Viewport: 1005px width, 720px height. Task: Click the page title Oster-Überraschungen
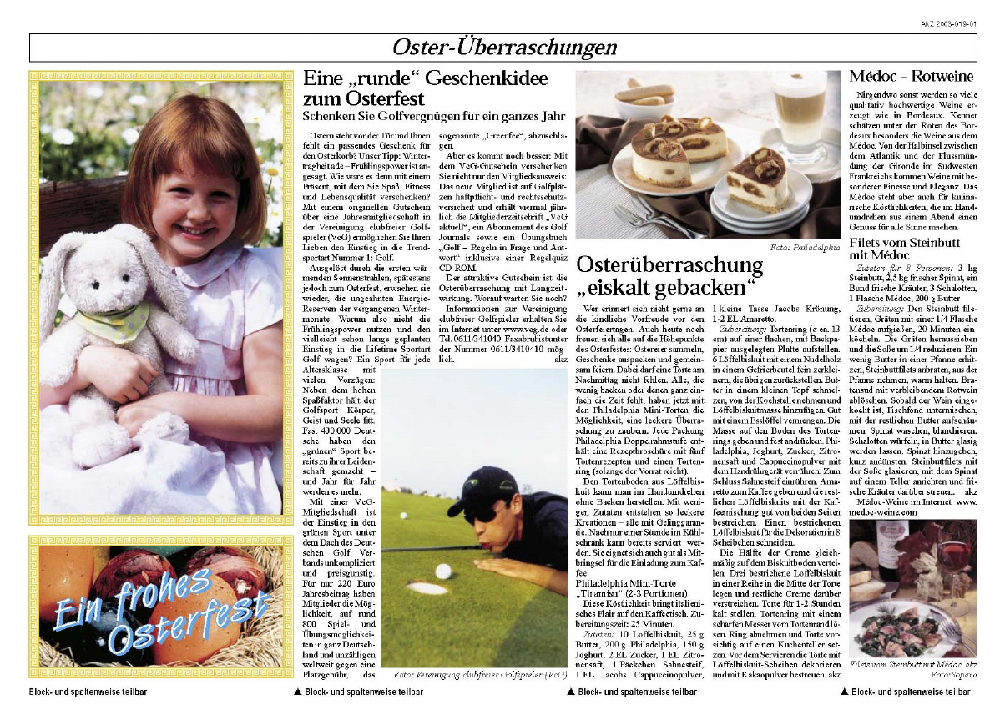504,48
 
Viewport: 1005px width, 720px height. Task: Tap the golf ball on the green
444,571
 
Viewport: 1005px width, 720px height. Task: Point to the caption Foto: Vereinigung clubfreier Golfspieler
479,674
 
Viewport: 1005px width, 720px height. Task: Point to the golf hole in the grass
426,587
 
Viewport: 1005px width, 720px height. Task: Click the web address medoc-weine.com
881,512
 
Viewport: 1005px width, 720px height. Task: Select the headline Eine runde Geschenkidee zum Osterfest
426,88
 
